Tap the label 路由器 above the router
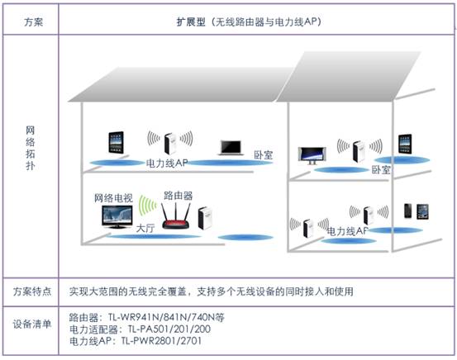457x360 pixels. tap(178, 195)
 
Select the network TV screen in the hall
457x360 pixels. tap(117, 216)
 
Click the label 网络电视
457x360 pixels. tap(113, 198)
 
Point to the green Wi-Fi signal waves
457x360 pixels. tap(147, 206)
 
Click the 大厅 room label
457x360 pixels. tap(145, 228)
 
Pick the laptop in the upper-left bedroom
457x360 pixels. tap(231, 147)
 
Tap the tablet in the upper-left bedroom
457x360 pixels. tap(116, 142)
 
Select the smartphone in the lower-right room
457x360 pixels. tap(408, 211)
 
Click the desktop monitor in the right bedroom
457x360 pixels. tap(312, 156)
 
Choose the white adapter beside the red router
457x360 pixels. tap(205, 218)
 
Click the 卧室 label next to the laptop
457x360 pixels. tap(263, 154)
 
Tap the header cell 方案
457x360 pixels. tap(33, 22)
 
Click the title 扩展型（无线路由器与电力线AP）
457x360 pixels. tap(249, 21)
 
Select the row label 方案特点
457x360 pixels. tap(32, 291)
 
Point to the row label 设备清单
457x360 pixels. tap(32, 324)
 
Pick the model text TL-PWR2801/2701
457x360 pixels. tap(161, 340)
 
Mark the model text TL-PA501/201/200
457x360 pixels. tap(169, 329)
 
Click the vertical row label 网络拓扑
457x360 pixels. tap(31, 148)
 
